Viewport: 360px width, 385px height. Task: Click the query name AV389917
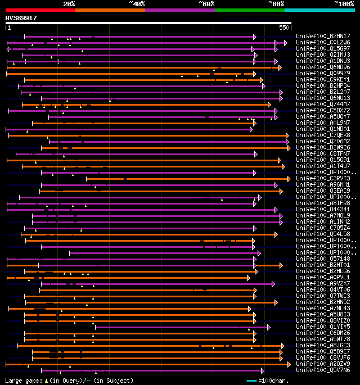pos(21,18)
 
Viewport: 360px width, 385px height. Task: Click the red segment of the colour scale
pos(40,10)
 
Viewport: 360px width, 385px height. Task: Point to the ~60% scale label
pos(206,3)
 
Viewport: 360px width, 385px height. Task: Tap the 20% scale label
pos(69,3)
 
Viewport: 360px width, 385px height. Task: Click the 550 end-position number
pos(284,27)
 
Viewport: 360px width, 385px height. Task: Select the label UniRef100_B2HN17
pos(323,36)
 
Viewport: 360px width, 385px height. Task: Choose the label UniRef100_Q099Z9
pos(323,73)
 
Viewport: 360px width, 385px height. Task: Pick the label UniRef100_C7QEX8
pos(323,135)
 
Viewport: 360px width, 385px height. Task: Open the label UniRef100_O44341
pos(323,209)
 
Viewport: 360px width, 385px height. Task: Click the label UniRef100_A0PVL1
pos(323,277)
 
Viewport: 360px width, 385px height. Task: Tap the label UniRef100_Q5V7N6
pos(323,370)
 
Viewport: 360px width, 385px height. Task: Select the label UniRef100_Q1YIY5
pos(323,327)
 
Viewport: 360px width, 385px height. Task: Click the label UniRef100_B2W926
pos(323,147)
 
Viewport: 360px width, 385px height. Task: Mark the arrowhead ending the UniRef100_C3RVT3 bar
pos(289,178)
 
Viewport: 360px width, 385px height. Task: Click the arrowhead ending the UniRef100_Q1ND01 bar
pos(251,129)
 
